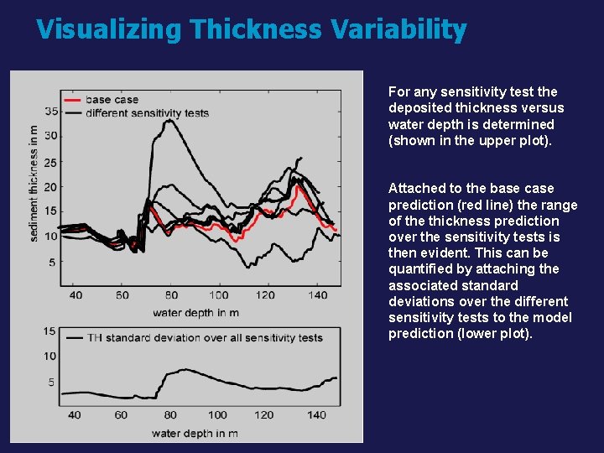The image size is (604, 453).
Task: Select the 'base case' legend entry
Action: (x=112, y=100)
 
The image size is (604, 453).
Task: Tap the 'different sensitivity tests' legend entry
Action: (x=147, y=112)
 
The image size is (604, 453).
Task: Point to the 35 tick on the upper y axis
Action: (x=51, y=111)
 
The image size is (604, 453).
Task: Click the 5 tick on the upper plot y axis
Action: (x=52, y=263)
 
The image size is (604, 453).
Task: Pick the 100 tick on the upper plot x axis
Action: (x=219, y=295)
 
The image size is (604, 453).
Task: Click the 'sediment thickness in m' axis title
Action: (x=34, y=183)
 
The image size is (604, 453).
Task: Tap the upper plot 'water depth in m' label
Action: (x=195, y=313)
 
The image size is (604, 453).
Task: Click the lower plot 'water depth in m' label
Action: (x=195, y=434)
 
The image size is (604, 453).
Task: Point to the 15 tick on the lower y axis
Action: (x=49, y=331)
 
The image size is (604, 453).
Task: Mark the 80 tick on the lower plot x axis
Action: (x=171, y=414)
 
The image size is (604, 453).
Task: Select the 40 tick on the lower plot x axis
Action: (x=75, y=414)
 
